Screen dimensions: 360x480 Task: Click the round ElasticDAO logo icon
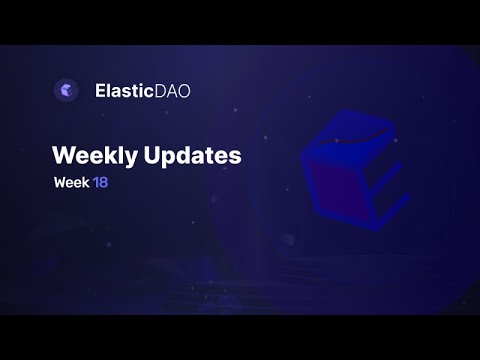[x=66, y=90]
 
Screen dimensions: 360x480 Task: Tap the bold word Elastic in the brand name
[x=123, y=90]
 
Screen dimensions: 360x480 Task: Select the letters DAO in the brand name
[x=173, y=90]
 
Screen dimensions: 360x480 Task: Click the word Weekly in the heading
[x=88, y=156]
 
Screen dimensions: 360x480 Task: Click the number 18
[x=100, y=183]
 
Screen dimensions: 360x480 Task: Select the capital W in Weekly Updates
[x=61, y=156]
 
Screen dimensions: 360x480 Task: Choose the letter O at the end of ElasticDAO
[x=183, y=90]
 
